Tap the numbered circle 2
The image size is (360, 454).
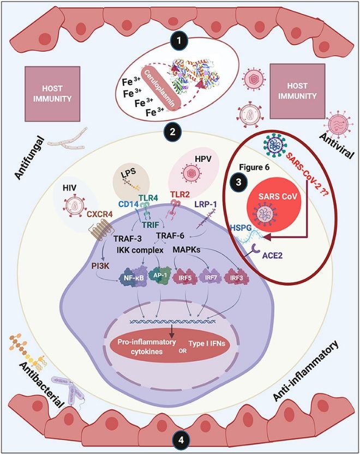(172, 132)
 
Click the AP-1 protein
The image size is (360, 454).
(164, 275)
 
